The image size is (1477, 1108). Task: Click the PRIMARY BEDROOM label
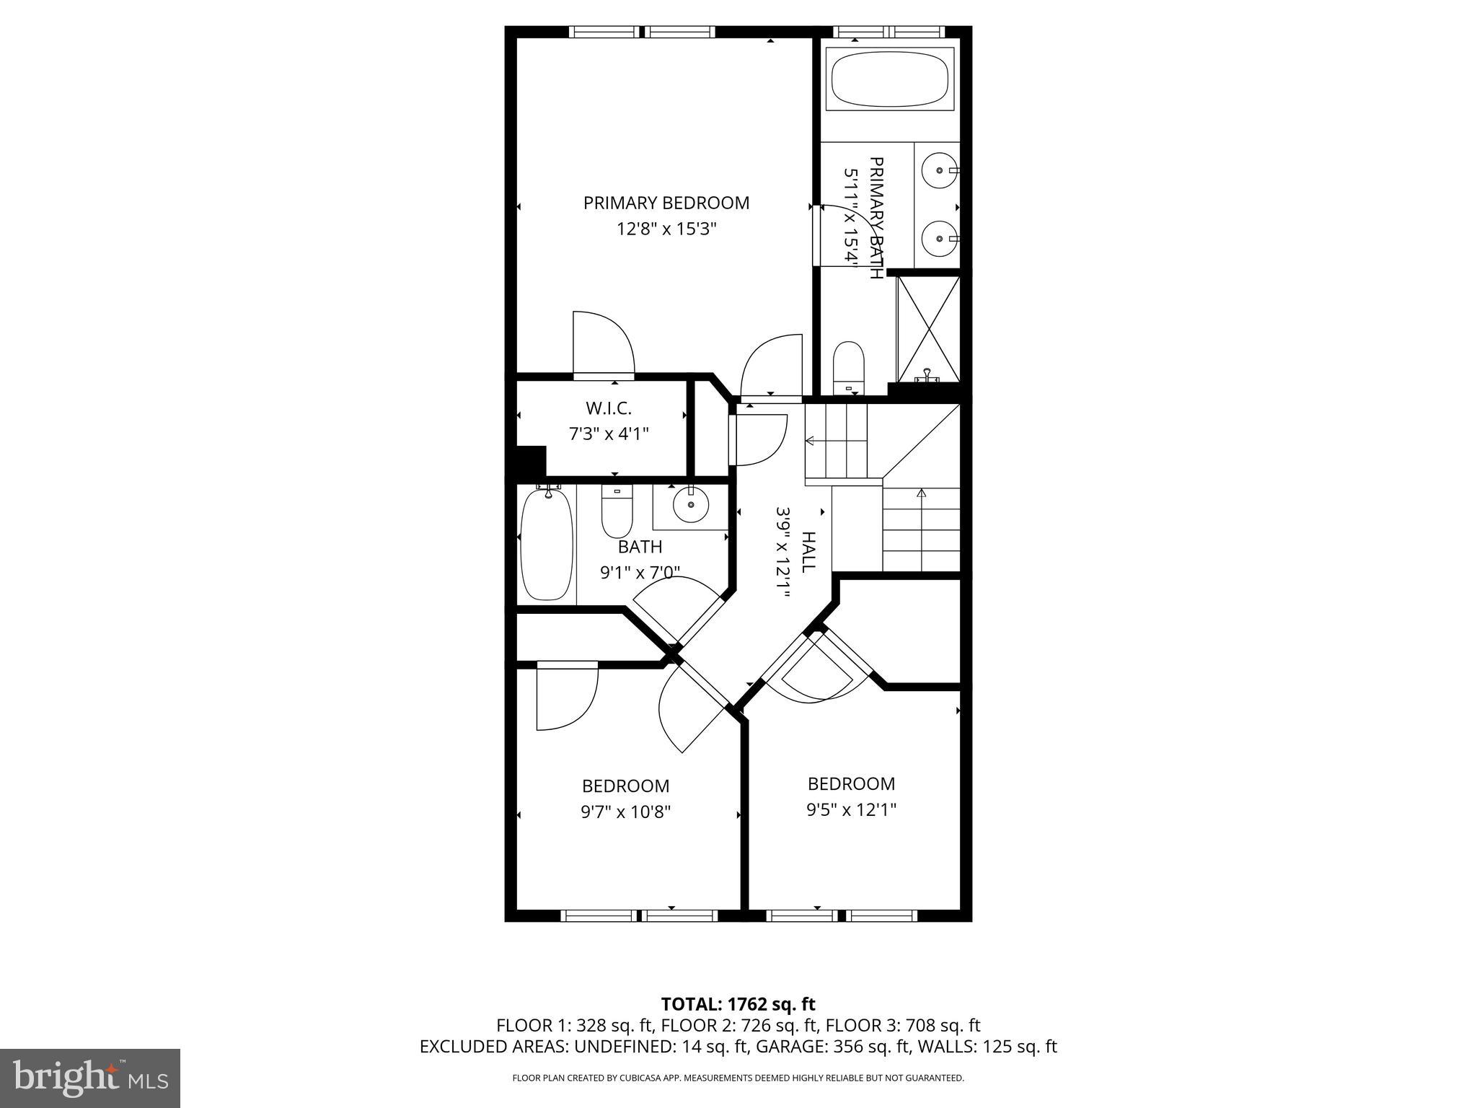point(666,203)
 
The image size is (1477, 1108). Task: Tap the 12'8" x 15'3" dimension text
point(666,229)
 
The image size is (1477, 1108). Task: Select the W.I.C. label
point(609,408)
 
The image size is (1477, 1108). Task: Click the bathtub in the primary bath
point(890,79)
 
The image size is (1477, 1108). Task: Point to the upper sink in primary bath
point(940,170)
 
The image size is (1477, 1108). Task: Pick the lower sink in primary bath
point(940,238)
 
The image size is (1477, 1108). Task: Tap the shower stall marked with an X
point(928,328)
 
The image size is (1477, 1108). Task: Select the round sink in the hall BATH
point(691,504)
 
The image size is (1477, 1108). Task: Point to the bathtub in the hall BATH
point(547,545)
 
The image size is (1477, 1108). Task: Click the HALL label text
point(808,553)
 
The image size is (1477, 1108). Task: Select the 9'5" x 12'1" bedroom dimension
point(851,810)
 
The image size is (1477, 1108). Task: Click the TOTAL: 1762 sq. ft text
point(738,1004)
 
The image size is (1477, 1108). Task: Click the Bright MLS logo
point(90,1078)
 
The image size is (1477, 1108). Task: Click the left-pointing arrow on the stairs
point(811,440)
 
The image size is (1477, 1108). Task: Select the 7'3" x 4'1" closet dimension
point(609,434)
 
